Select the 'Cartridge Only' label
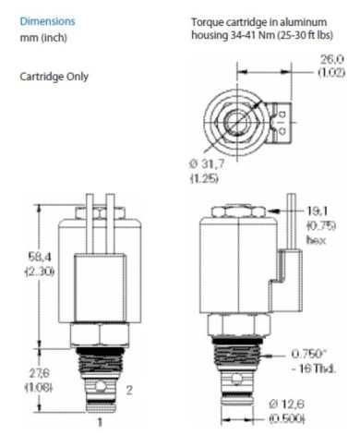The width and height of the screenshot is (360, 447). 54,76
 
